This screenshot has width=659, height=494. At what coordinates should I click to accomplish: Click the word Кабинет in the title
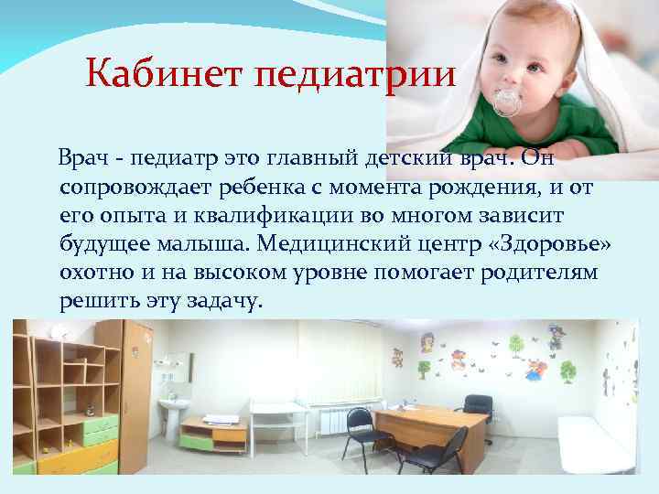pos(151,72)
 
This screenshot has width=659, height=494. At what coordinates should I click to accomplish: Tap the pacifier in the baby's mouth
pos(506,102)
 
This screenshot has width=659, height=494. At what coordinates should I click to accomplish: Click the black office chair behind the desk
pos(475,408)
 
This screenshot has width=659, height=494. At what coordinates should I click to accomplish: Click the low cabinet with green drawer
pos(213,435)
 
